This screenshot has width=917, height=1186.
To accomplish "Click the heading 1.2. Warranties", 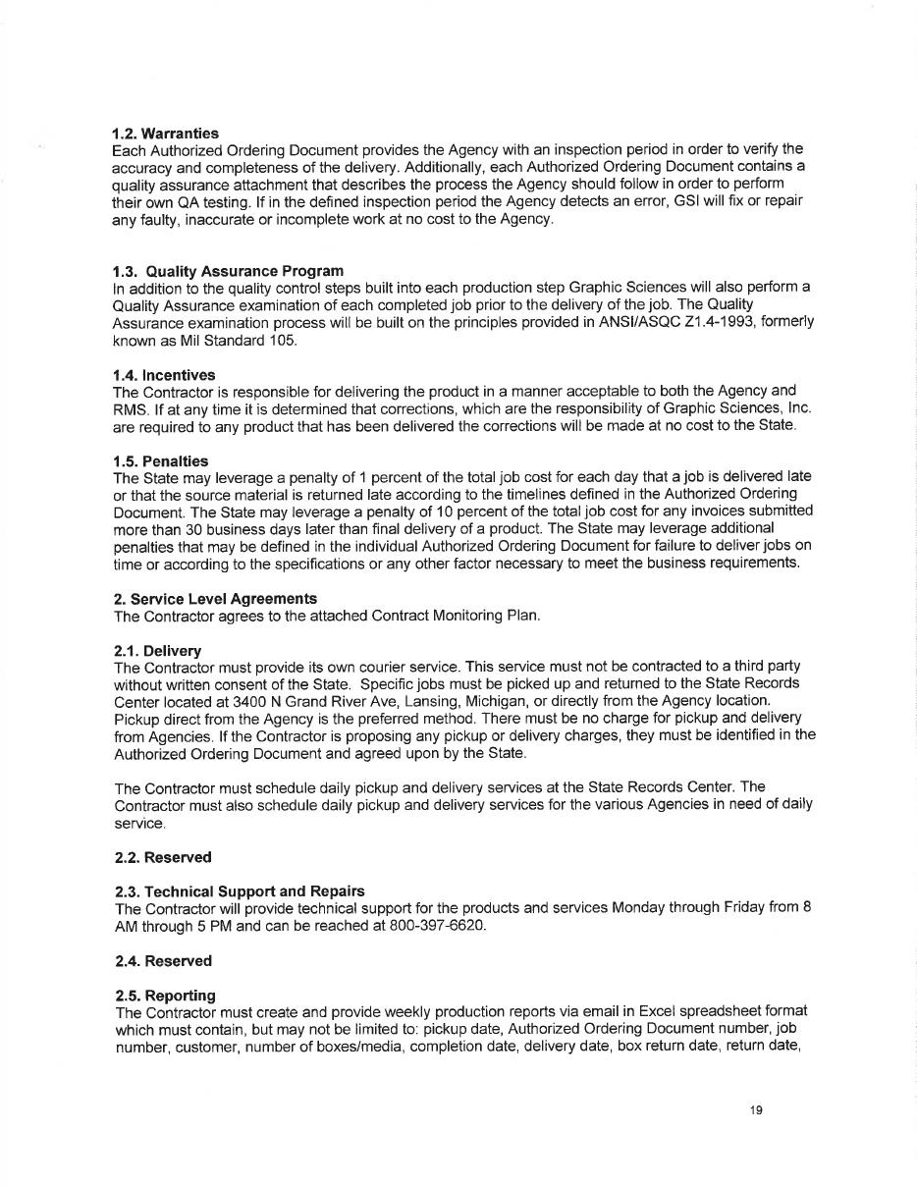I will click(165, 133).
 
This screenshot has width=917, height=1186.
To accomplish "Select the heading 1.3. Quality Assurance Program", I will click(228, 270).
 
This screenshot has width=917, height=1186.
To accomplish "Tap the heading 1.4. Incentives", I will click(164, 375).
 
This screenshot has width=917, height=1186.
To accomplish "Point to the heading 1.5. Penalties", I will click(160, 460).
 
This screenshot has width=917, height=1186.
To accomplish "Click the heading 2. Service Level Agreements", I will click(215, 599).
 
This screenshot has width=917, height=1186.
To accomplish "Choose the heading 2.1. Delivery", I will click(157, 650).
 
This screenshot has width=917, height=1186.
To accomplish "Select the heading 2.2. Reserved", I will click(163, 857).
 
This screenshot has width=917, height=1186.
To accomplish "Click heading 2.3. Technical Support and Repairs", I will click(240, 890).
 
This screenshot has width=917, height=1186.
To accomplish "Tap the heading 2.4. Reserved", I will click(163, 961).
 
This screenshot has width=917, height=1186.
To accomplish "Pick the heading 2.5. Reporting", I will click(165, 995).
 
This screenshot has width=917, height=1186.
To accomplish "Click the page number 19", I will click(755, 1110).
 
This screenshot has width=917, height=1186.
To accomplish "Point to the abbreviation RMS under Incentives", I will click(129, 408).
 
